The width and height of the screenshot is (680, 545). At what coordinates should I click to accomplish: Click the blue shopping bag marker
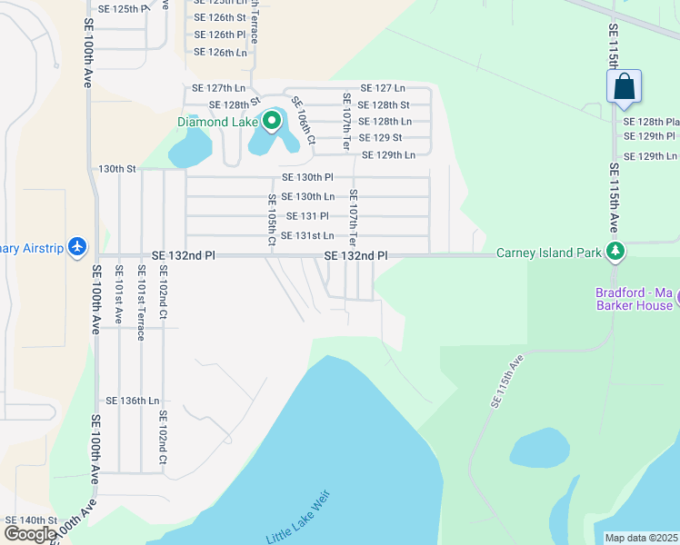point(624,88)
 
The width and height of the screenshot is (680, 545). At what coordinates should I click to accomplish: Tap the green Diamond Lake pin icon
point(271,121)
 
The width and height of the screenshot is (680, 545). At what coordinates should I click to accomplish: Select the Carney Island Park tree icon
point(616,252)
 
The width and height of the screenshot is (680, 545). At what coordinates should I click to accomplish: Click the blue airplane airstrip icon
point(77,246)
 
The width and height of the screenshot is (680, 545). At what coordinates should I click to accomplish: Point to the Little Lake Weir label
point(300,518)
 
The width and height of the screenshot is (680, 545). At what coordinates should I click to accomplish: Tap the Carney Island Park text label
point(548,253)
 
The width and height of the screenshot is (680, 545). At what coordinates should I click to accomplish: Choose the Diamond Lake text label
point(218,121)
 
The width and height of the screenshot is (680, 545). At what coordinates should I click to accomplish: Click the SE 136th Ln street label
point(133,401)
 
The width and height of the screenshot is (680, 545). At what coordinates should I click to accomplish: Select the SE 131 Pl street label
point(307,216)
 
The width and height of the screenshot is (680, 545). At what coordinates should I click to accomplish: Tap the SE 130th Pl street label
point(308,177)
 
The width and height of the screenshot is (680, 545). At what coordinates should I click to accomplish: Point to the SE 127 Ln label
point(382,88)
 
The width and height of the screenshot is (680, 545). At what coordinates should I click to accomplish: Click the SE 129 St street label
point(381,138)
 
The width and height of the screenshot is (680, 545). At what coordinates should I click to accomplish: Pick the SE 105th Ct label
point(271,220)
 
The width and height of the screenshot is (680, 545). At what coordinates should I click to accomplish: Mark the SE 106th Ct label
point(303,121)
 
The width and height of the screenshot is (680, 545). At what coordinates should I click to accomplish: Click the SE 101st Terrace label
point(141,302)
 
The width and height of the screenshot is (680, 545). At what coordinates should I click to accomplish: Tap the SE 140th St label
point(32,520)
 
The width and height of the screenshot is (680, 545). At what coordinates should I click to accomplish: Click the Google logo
point(29,533)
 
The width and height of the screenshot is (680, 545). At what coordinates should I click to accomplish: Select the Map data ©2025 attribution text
point(641,538)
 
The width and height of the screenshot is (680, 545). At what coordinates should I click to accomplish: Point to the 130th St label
point(117,169)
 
